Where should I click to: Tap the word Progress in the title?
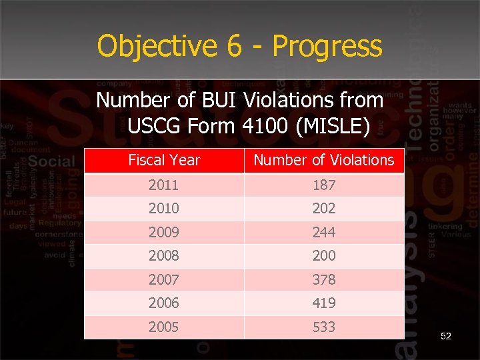(327, 46)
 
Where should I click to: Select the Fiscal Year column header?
(164, 160)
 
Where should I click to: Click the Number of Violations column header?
(324, 160)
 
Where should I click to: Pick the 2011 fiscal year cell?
(164, 185)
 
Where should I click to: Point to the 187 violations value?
(324, 185)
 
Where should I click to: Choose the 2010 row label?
(164, 208)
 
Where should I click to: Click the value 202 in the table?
(324, 208)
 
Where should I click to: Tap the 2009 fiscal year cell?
(164, 232)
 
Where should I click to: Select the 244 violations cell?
(324, 232)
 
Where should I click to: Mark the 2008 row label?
(164, 255)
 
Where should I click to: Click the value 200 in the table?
(324, 255)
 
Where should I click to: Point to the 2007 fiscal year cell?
(164, 279)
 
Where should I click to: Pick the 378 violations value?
(324, 279)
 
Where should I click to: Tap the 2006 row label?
(164, 303)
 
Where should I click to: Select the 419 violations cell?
(324, 303)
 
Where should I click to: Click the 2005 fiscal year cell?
(164, 327)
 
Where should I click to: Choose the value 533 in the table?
(324, 327)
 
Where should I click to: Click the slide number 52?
(446, 336)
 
